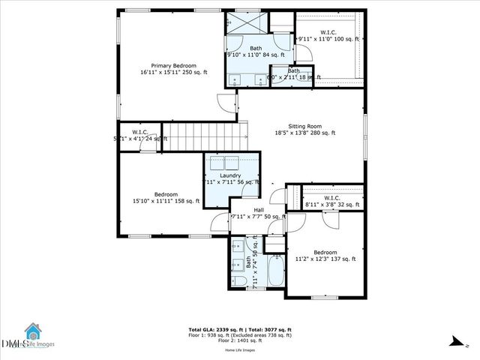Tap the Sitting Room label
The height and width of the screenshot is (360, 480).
click(304, 130)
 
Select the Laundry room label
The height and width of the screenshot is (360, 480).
click(230, 178)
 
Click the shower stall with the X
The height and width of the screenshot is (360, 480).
click(247, 22)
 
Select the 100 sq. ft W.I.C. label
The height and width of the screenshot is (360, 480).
click(328, 35)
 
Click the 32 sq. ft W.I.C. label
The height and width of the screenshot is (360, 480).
click(332, 201)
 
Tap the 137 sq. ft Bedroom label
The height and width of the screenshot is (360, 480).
click(325, 256)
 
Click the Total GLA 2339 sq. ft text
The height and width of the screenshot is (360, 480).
click(215, 330)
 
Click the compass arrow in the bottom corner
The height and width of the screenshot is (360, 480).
click(456, 341)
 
